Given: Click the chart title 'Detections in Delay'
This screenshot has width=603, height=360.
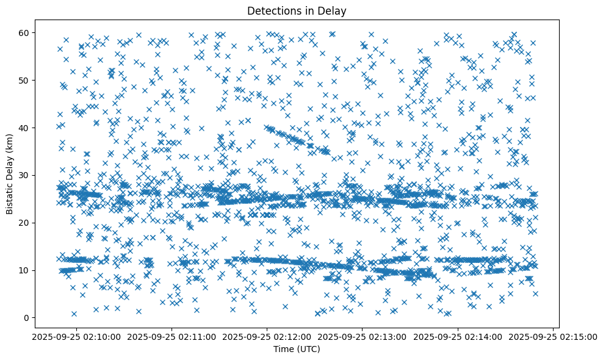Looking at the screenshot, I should point(296,10).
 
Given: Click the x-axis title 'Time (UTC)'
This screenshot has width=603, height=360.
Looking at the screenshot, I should point(296,349).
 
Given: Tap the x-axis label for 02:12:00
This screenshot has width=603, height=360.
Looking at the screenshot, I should point(267,336).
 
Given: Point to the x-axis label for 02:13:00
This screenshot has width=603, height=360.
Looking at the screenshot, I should point(363,336).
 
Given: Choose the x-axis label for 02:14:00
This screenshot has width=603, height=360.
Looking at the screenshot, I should point(458,336).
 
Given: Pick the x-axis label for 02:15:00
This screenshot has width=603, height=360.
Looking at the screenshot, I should point(554,336).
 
